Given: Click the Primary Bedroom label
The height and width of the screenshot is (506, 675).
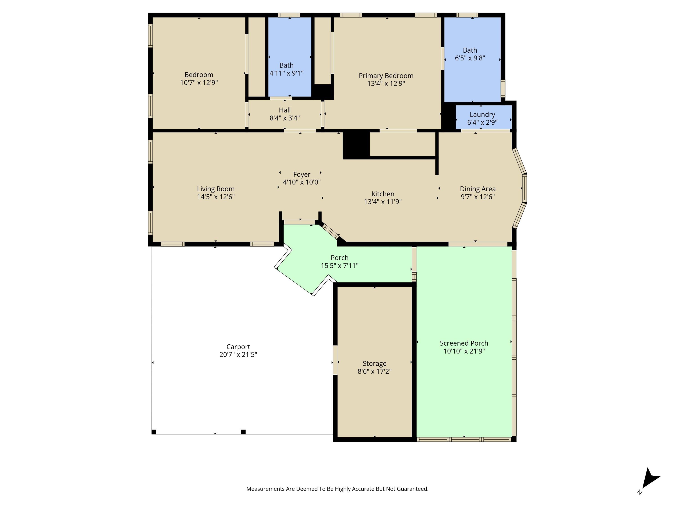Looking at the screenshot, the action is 386,76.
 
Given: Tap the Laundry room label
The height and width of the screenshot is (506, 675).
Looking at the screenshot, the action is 482,114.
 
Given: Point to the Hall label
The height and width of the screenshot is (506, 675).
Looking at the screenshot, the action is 285,110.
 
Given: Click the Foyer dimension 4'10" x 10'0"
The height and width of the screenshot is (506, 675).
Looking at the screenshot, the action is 302,182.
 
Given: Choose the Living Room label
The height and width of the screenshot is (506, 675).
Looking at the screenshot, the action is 216,189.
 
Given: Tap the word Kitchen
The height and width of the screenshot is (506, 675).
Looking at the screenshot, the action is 383,194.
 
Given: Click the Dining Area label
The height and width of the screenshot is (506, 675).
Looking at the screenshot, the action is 478,189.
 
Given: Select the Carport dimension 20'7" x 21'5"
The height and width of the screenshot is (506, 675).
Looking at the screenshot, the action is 238,354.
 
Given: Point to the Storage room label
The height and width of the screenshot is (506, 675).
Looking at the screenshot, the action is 374,364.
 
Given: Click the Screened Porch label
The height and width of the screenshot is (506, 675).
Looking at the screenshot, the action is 464,343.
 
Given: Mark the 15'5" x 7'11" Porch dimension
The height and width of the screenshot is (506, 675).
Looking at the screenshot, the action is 339,266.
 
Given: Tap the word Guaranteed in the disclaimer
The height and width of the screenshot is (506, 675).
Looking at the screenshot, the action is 411,489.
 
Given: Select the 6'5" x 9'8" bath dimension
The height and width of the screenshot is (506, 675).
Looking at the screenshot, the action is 470,58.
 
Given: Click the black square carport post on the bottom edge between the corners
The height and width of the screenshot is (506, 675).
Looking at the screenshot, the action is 243,432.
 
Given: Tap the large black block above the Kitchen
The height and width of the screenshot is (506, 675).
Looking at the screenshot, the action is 356,146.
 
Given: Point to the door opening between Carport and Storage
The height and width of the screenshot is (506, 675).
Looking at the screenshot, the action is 335,360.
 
